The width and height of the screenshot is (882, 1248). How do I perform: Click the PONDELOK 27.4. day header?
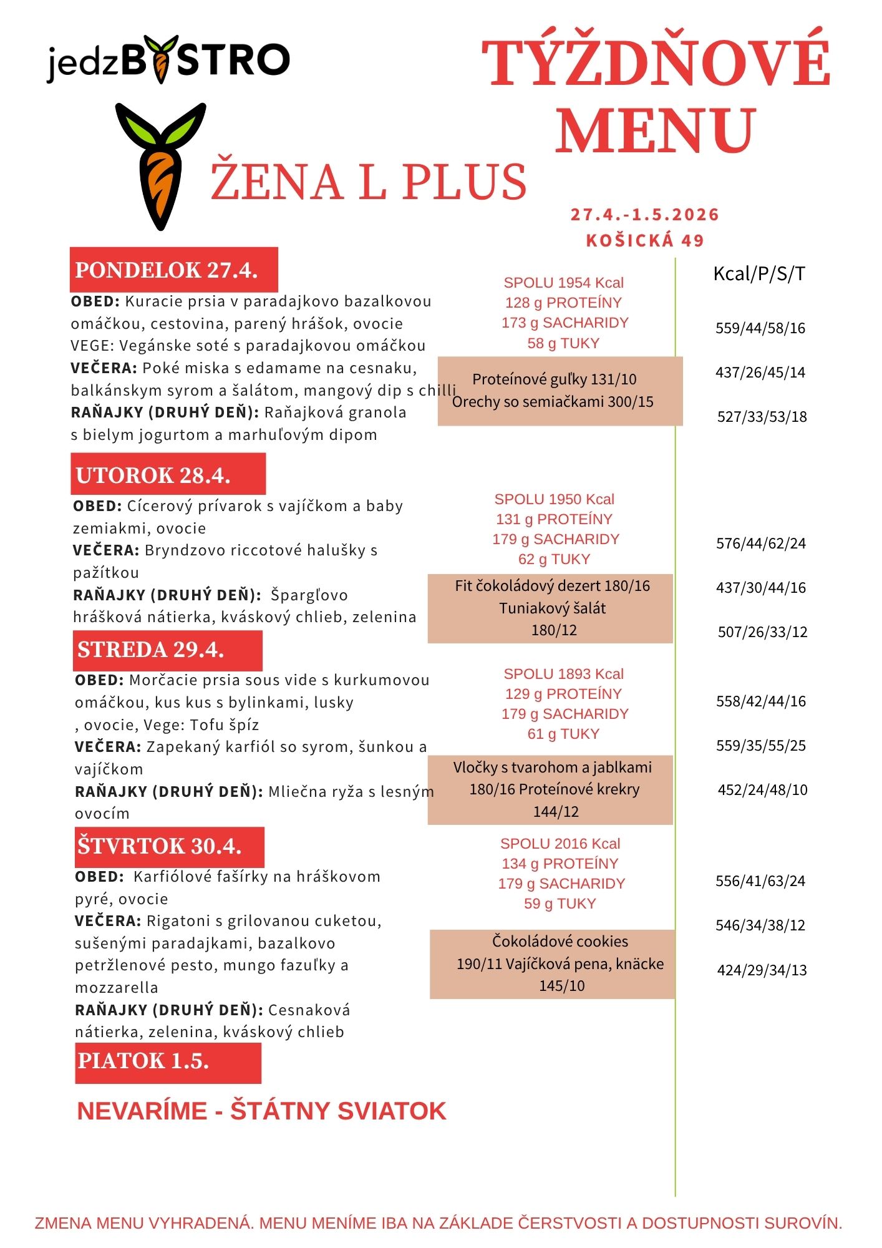pyautogui.click(x=173, y=270)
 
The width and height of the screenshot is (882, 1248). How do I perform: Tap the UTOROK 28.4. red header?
pyautogui.click(x=168, y=475)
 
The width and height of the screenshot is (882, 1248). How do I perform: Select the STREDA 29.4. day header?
pyautogui.click(x=167, y=650)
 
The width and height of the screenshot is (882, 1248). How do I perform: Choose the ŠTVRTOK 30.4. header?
pyautogui.click(x=169, y=846)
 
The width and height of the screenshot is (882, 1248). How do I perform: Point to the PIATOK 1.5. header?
pyautogui.click(x=168, y=1061)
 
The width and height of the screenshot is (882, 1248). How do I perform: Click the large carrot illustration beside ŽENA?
pyautogui.click(x=160, y=166)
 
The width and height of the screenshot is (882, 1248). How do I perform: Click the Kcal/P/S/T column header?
pyautogui.click(x=759, y=273)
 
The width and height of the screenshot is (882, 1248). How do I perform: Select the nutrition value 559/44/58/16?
pyautogui.click(x=760, y=328)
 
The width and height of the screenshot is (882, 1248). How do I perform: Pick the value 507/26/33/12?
pyautogui.click(x=762, y=632)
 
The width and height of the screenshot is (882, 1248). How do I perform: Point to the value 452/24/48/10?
pyautogui.click(x=762, y=790)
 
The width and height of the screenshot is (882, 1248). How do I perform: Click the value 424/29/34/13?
pyautogui.click(x=762, y=970)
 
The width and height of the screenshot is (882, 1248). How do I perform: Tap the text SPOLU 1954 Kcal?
pyautogui.click(x=563, y=283)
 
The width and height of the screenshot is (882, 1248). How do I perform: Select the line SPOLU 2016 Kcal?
pyautogui.click(x=560, y=844)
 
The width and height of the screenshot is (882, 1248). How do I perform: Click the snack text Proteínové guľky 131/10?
pyautogui.click(x=554, y=379)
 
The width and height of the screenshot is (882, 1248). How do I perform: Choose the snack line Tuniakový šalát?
pyautogui.click(x=552, y=608)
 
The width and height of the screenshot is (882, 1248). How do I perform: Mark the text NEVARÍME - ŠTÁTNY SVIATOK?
pyautogui.click(x=261, y=1111)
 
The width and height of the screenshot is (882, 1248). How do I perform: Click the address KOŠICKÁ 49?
pyautogui.click(x=645, y=240)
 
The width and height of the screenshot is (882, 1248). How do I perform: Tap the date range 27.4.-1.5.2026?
pyautogui.click(x=645, y=215)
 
